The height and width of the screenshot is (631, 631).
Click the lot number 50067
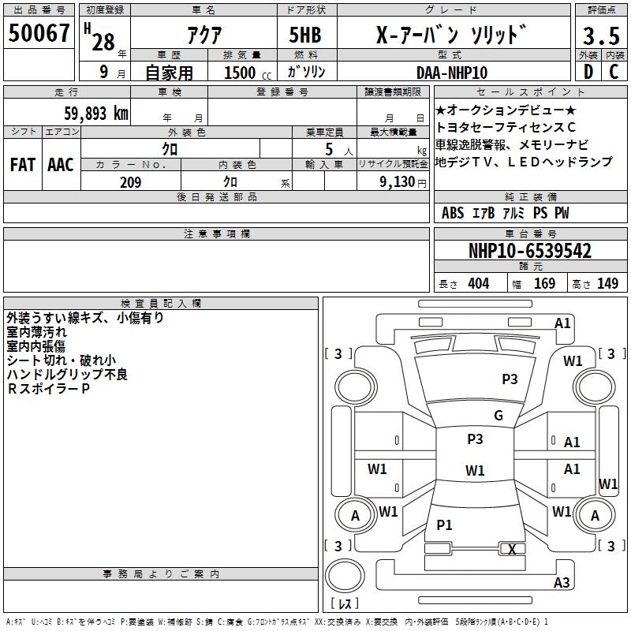(39, 34)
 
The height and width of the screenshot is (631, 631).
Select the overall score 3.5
(599, 36)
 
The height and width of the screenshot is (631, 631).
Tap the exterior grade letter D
(588, 72)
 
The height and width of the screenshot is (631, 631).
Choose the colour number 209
(130, 182)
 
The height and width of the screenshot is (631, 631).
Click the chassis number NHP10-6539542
(529, 251)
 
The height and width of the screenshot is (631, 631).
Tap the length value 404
(478, 284)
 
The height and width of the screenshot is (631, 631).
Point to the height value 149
(607, 284)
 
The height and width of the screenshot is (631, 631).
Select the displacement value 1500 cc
(245, 73)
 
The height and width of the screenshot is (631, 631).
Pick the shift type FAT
(23, 165)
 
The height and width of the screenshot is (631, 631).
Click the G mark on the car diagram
(498, 416)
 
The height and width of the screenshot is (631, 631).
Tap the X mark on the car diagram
(513, 550)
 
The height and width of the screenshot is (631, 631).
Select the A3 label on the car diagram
(562, 583)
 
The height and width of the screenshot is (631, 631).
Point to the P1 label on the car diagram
(445, 525)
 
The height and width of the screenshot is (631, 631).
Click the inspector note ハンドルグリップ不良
(67, 374)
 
